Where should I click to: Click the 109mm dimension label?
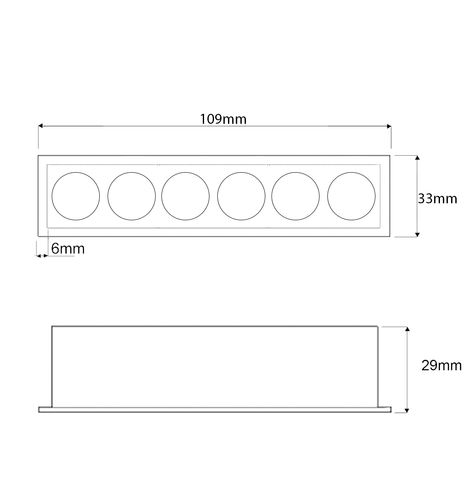(223, 119)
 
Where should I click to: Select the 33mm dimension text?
(437, 199)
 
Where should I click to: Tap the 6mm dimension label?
(68, 249)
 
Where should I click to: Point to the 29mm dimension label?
(441, 366)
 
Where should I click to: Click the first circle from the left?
(76, 196)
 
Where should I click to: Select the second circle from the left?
(132, 196)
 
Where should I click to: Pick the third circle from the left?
(185, 196)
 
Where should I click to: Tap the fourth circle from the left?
(241, 196)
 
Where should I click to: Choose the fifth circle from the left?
(296, 196)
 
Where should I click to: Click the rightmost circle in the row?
(351, 196)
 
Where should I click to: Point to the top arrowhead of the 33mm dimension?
(417, 158)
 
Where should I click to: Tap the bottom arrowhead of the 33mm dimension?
(417, 234)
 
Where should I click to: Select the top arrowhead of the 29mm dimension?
(407, 330)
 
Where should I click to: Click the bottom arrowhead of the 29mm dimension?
(407, 410)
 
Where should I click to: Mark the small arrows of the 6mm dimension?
(42, 256)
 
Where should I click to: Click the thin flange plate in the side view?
(214, 409)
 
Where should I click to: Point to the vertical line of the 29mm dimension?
(407, 370)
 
